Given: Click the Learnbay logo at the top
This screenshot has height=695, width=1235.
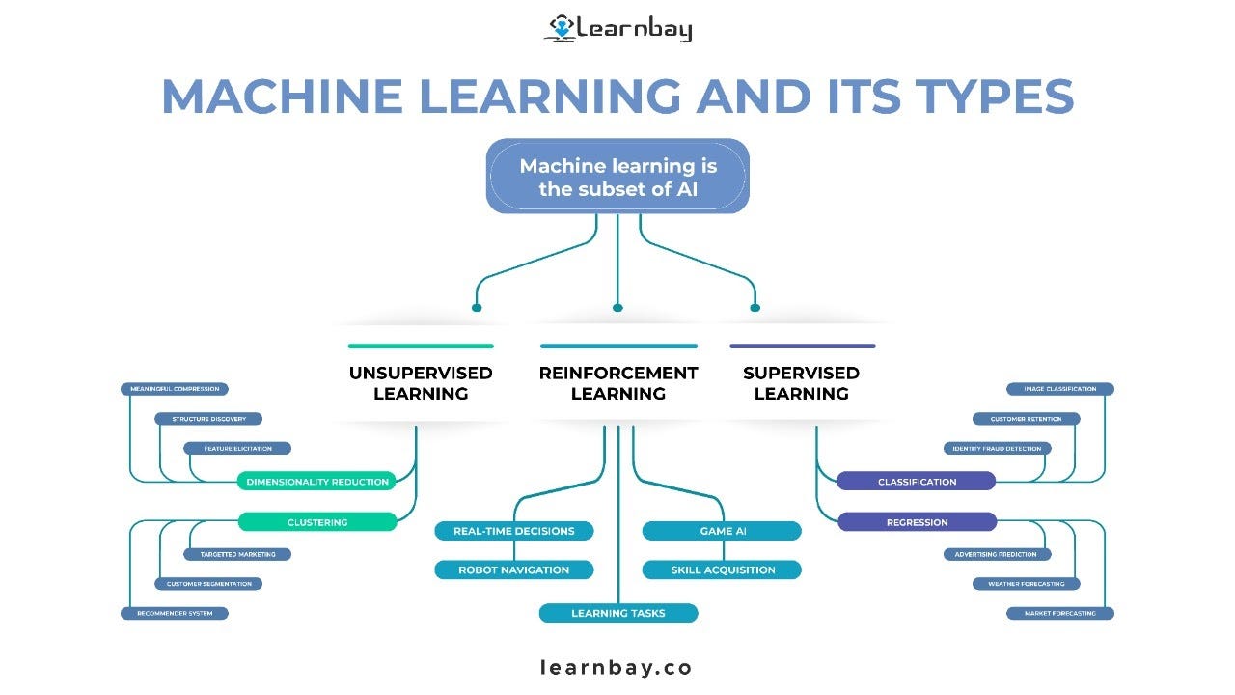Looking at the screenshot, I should point(617,28).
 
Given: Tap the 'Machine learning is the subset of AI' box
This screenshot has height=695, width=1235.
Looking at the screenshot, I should point(617,177).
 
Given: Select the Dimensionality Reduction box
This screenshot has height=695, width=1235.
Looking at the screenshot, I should point(317,482).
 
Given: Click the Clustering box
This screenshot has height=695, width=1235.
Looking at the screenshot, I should point(317,522).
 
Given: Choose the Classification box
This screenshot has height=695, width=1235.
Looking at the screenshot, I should point(917,482).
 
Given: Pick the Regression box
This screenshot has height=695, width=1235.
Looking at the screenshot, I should point(917,522).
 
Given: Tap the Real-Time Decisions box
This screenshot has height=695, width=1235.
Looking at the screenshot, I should point(514,531).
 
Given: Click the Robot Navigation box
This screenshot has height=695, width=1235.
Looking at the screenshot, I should point(514,570).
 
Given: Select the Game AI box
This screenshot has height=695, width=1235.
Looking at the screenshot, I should point(722,531).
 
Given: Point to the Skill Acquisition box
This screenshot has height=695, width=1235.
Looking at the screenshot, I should point(722,570).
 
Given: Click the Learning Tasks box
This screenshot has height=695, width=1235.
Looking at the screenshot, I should point(617,613).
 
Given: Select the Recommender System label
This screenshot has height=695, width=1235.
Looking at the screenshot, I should point(175,613).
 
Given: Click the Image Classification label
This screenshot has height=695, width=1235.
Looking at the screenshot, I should point(1059,389).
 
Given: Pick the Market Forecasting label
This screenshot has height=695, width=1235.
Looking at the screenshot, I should point(1059,613).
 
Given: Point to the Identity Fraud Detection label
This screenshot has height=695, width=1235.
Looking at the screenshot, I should point(997,449).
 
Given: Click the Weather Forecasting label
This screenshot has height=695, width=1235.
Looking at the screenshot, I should point(1026,584).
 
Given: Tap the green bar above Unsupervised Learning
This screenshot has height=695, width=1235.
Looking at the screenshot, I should point(421,346).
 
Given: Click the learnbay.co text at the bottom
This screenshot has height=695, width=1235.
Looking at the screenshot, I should point(617,667).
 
